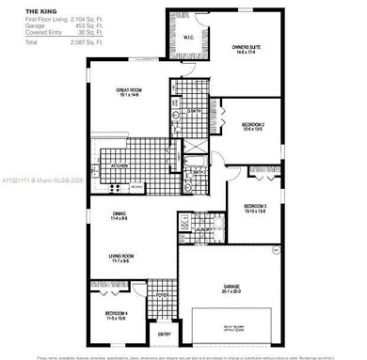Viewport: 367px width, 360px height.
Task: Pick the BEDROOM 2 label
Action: point(251,126)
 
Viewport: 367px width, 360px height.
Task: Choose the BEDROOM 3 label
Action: point(256,207)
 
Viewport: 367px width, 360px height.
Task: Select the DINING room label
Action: point(120,214)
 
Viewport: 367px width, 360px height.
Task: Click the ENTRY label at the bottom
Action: point(164,334)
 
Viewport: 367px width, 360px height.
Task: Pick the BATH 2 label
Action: point(200,172)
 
